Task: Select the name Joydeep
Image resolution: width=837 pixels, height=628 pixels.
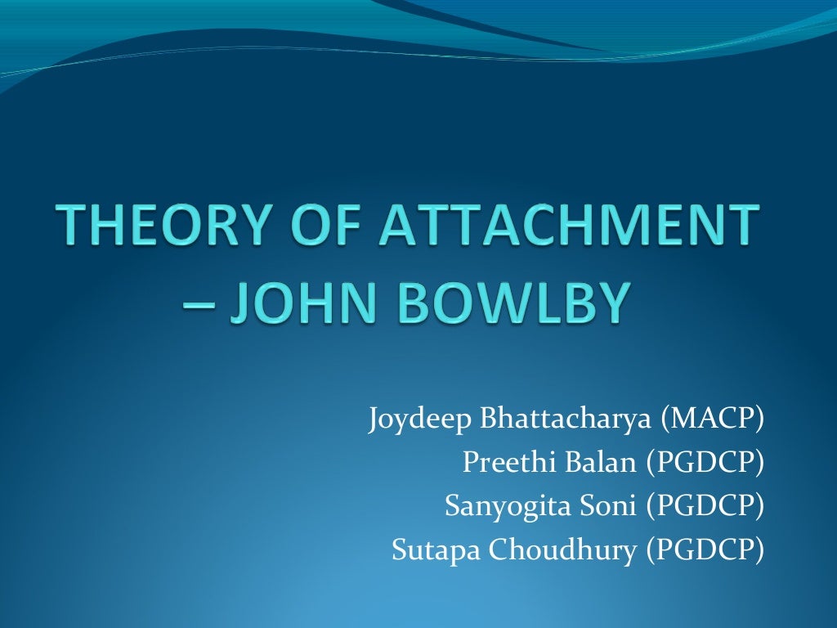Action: (418, 422)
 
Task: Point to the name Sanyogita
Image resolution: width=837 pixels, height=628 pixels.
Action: (500, 508)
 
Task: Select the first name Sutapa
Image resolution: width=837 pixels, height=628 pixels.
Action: (436, 551)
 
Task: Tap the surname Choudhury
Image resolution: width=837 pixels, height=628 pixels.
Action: (562, 551)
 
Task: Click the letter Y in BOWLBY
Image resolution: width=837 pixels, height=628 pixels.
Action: (612, 302)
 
